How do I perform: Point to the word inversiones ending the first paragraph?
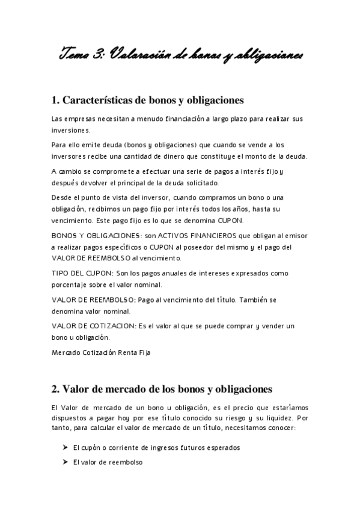pos(71,130)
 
